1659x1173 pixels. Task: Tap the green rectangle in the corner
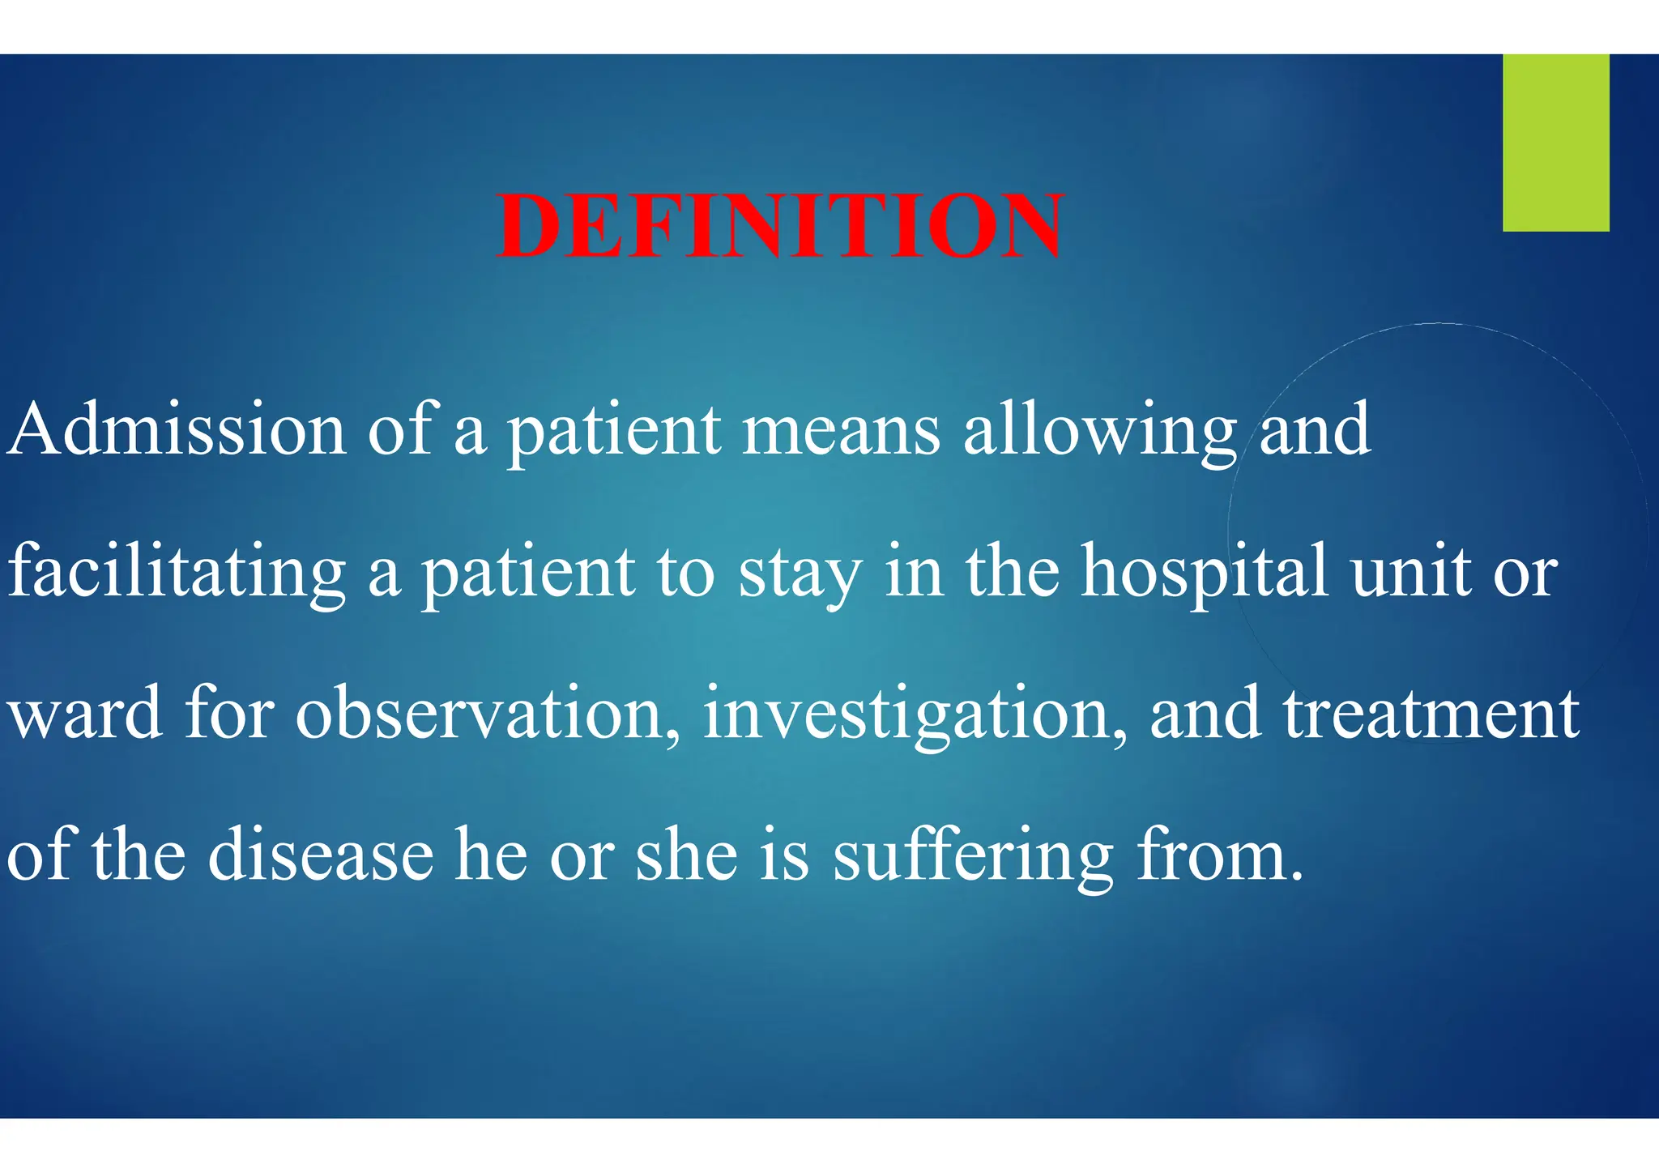[1555, 143]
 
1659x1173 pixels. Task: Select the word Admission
[177, 429]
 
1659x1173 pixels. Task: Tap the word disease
[321, 855]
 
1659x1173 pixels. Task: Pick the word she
[687, 855]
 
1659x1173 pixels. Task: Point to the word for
[229, 713]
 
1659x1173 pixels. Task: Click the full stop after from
[1297, 877]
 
